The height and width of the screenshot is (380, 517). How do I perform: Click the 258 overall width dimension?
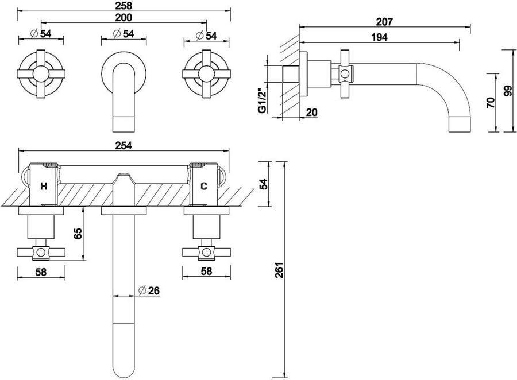click(x=124, y=6)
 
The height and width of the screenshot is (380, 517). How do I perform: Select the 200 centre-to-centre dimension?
click(x=124, y=17)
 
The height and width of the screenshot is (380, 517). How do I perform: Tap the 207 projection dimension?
click(x=384, y=22)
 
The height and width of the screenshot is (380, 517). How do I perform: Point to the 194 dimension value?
click(x=379, y=37)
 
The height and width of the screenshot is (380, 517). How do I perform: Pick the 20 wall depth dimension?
click(x=311, y=113)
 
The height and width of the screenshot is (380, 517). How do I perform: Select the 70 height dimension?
click(x=491, y=103)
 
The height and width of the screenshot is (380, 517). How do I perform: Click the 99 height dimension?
click(x=508, y=91)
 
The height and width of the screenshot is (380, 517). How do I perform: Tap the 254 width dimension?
click(x=124, y=145)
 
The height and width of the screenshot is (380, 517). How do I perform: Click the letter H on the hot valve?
click(x=44, y=186)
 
